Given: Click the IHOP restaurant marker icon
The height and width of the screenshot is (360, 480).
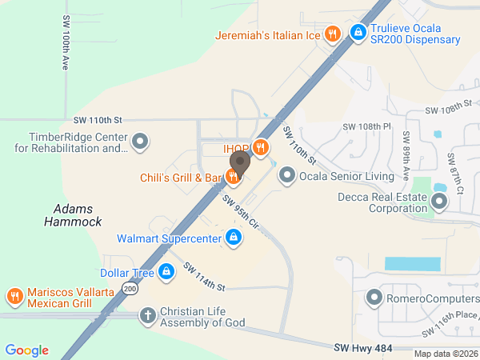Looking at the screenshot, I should [260, 147].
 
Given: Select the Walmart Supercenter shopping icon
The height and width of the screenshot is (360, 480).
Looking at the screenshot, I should [233, 238].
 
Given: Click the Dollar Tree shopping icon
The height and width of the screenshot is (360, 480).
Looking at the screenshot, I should [166, 273].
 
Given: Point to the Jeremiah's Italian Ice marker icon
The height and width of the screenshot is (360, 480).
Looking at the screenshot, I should [333, 34].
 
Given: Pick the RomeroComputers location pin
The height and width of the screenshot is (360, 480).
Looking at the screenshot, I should [374, 299].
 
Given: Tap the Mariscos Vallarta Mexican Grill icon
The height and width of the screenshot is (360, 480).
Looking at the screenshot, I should [14, 298].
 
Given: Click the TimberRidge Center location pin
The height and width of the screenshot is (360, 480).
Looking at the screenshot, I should [140, 142].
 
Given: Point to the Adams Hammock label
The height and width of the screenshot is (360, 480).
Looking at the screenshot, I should [78, 215].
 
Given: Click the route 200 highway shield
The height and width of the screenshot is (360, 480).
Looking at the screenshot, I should [129, 289].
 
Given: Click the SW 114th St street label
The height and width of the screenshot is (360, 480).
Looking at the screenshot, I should [204, 277].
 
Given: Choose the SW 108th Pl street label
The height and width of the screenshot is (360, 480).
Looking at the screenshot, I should [366, 126].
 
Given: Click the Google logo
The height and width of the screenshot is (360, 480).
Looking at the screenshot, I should [27, 350].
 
